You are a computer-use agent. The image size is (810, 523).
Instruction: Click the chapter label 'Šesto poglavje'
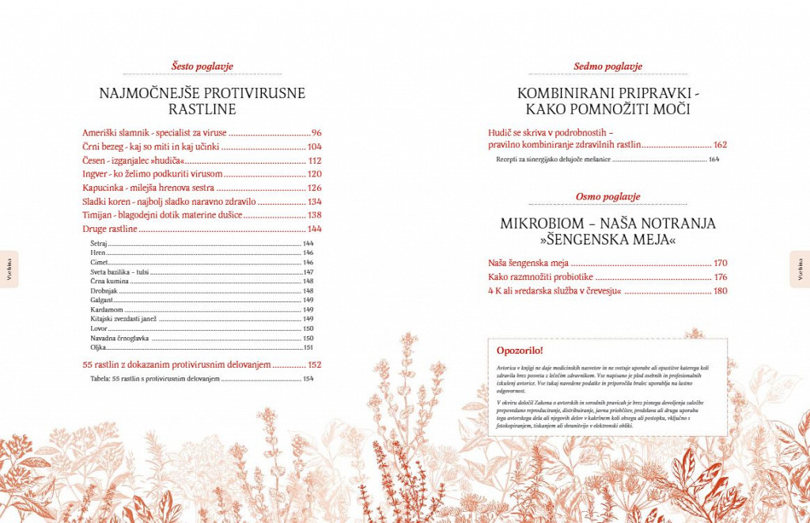(x=202, y=66)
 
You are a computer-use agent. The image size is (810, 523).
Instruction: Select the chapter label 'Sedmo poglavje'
(x=607, y=66)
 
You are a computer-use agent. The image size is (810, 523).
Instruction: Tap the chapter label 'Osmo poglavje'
(x=607, y=196)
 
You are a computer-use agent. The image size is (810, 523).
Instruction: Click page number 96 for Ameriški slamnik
(x=316, y=133)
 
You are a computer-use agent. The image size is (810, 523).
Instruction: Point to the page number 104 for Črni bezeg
(x=314, y=147)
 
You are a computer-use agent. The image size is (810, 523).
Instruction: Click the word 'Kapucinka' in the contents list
(x=103, y=188)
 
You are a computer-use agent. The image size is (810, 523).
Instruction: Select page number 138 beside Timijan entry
(x=314, y=215)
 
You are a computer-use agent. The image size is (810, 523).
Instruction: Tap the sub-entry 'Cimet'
(x=99, y=262)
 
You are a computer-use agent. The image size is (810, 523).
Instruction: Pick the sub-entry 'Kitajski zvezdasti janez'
(x=123, y=319)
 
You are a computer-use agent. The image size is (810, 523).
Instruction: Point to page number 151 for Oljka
(x=308, y=347)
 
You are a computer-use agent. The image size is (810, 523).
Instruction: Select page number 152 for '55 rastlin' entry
(x=314, y=365)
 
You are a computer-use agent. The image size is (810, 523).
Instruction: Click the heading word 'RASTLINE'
(x=202, y=110)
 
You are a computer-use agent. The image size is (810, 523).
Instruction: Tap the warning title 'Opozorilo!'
(x=520, y=350)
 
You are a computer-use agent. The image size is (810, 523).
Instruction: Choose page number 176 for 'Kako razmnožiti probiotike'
(x=720, y=277)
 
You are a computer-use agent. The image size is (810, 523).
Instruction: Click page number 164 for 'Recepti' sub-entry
(x=713, y=160)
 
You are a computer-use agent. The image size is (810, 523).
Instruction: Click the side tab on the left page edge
(x=9, y=270)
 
